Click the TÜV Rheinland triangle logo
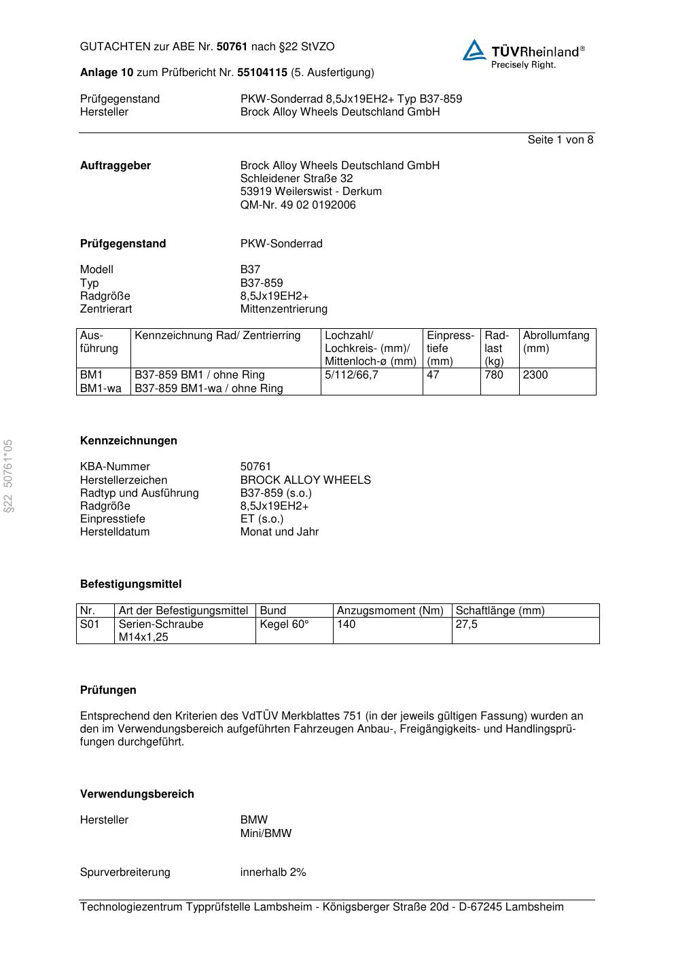pyautogui.click(x=474, y=50)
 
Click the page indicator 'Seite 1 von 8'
pyautogui.click(x=560, y=140)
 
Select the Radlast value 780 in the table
pyautogui.click(x=494, y=375)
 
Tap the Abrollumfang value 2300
pyautogui.click(x=535, y=375)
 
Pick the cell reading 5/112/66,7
pyautogui.click(x=351, y=375)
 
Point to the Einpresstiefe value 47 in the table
pyautogui.click(x=433, y=375)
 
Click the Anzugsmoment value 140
pyautogui.click(x=347, y=624)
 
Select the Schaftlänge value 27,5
pyautogui.click(x=467, y=624)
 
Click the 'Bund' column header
pyautogui.click(x=273, y=611)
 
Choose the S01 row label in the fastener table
pyautogui.click(x=90, y=624)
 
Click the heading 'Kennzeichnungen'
pyautogui.click(x=128, y=441)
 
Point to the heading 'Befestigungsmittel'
pyautogui.click(x=130, y=584)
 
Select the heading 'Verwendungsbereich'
pyautogui.click(x=137, y=794)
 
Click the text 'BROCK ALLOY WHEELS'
pyautogui.click(x=305, y=480)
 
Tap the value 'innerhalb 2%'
pyautogui.click(x=272, y=872)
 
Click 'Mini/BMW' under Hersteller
pyautogui.click(x=266, y=833)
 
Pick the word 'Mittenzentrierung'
pyautogui.click(x=283, y=309)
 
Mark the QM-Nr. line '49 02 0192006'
pyautogui.click(x=298, y=205)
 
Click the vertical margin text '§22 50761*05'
pyautogui.click(x=8, y=476)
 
